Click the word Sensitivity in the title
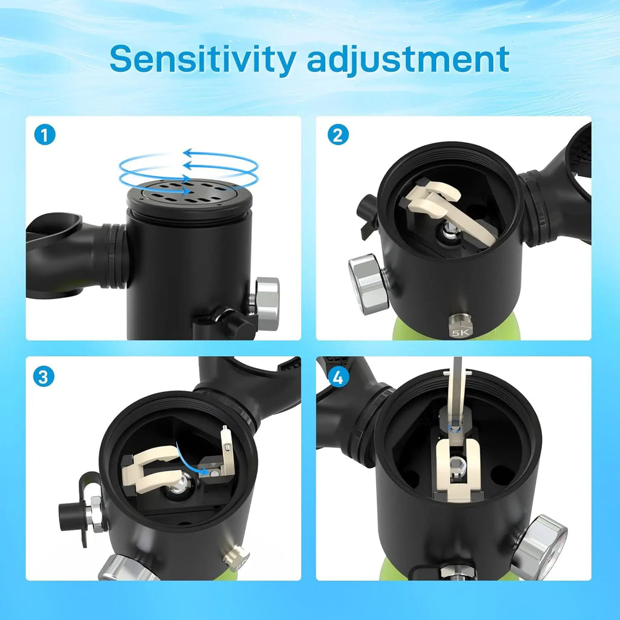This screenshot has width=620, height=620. pos(202,59)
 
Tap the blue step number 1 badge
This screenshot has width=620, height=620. pos(45,134)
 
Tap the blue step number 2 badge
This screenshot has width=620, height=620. pos(338,134)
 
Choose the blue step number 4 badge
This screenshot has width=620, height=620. pos(338,377)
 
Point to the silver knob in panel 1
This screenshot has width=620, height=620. pos(267,302)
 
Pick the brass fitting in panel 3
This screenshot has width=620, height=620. pos(237,557)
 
